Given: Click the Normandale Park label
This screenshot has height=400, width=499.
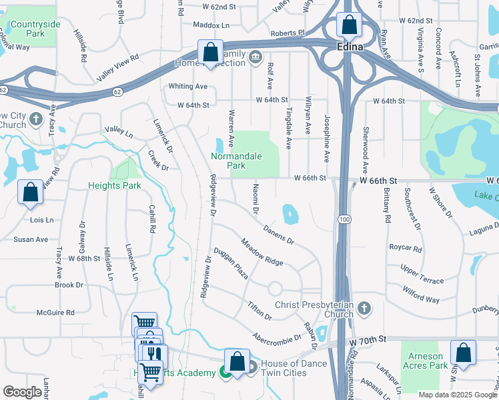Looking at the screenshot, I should pos(235,161).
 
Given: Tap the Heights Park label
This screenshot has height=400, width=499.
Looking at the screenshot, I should pos(115,185).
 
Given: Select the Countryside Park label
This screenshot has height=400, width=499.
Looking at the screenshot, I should pos(35,29).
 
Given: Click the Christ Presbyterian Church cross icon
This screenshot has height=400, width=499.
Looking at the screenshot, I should pos(364,308).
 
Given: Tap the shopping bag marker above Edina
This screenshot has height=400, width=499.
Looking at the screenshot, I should pos(349,25).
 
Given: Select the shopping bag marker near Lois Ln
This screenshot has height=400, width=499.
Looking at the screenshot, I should pos(31,192).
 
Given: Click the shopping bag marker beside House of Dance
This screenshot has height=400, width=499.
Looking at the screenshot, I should pos(237,361).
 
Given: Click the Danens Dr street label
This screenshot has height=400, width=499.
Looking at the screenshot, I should pos(279,234).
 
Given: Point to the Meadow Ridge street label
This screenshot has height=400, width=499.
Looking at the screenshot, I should pos(262,252).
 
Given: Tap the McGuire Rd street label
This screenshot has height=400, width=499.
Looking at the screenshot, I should pos(55,311).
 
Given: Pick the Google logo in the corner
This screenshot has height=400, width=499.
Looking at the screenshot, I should pos(22,392).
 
